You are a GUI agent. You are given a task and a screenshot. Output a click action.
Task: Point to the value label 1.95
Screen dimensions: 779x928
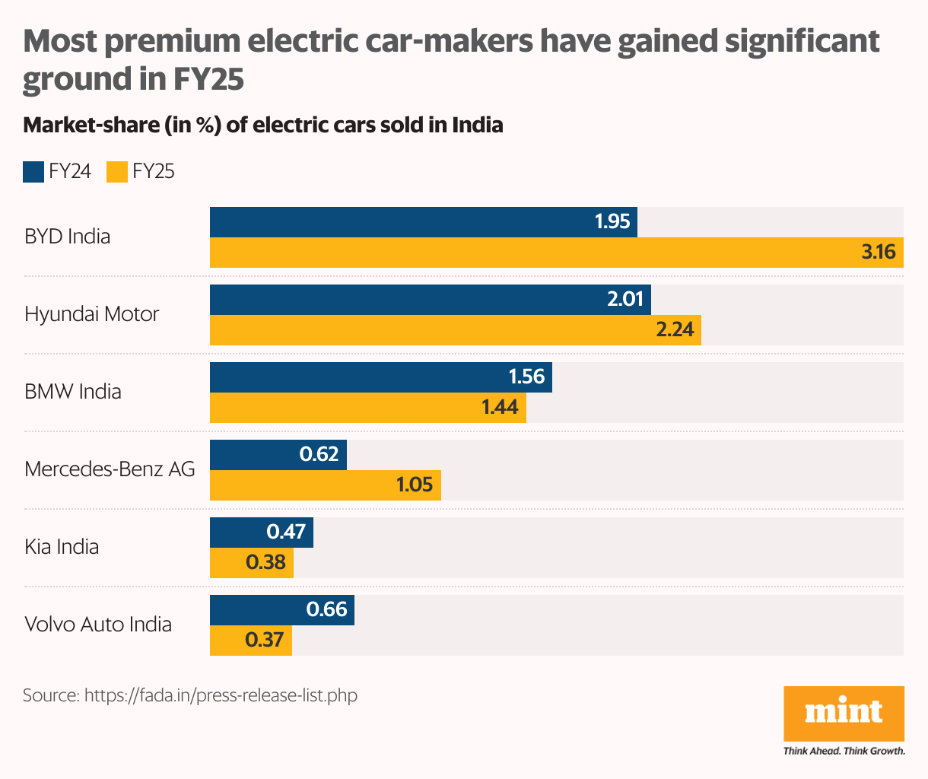[612, 221]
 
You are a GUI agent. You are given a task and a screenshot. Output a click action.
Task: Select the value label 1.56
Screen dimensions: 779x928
[526, 377]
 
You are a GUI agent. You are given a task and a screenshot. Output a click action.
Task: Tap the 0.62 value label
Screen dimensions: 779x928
[319, 454]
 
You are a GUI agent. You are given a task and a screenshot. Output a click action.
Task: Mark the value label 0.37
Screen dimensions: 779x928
[265, 640]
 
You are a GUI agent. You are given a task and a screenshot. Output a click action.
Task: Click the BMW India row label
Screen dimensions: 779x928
[73, 392]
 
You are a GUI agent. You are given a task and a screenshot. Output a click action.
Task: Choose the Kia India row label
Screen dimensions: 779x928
[62, 547]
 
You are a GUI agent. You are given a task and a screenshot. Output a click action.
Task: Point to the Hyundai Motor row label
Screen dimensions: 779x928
[92, 314]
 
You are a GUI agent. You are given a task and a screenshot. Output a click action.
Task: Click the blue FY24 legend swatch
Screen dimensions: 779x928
[33, 172]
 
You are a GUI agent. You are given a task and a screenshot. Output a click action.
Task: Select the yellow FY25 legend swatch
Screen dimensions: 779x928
[117, 172]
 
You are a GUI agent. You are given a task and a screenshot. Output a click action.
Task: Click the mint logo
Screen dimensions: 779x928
[844, 713]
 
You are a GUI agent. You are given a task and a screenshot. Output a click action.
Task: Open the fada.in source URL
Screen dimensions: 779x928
[221, 695]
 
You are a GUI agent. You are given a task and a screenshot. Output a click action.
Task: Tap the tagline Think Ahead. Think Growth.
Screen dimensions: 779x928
[844, 752]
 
